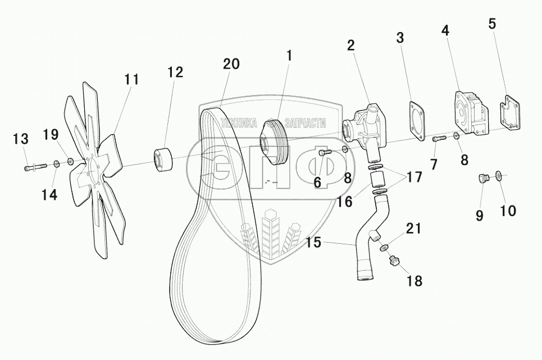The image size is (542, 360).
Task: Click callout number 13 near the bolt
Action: (20, 138)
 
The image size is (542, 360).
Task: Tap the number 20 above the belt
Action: (231, 63)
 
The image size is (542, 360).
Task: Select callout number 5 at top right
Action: (492, 24)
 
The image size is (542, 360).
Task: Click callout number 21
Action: (413, 229)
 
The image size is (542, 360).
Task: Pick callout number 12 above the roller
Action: (175, 72)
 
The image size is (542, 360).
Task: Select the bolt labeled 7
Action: (439, 138)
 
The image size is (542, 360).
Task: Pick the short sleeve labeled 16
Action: (378, 179)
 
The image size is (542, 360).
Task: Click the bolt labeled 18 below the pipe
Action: (395, 260)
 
